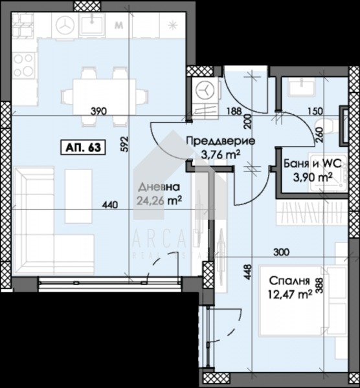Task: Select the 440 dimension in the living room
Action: [x=109, y=206]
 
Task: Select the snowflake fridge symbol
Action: [x=173, y=25]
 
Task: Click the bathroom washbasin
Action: [x=302, y=87]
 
